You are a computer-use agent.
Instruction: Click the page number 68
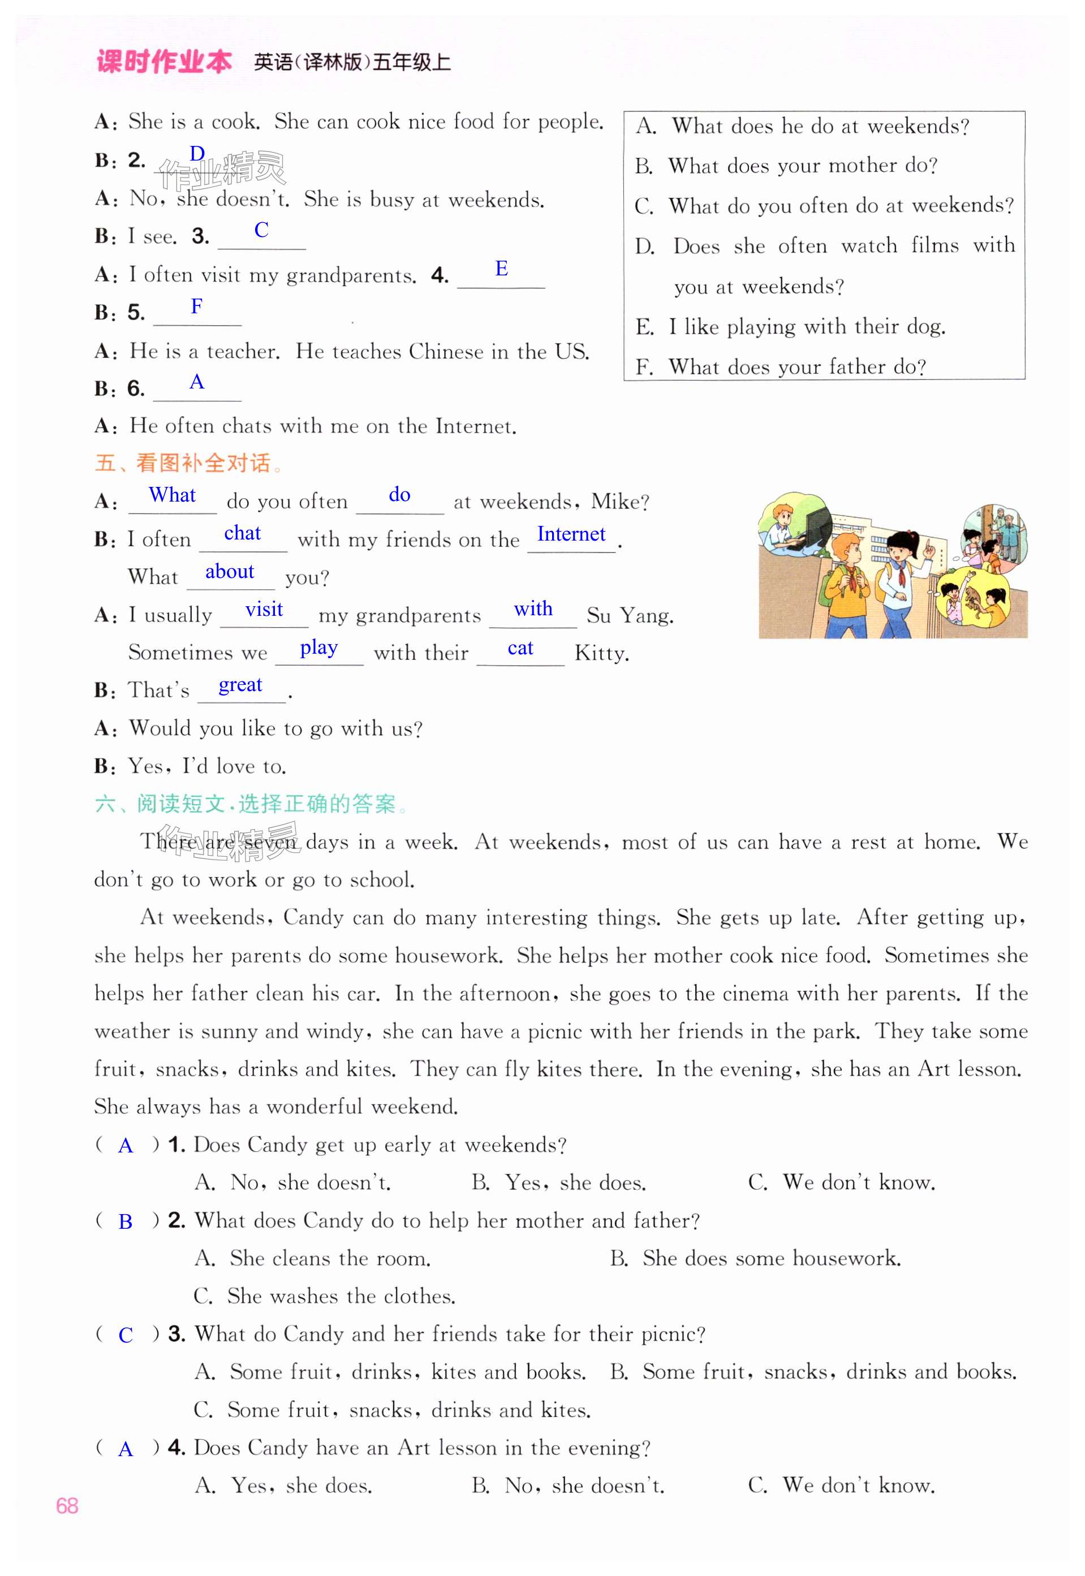(x=67, y=1505)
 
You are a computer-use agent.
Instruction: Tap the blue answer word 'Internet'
(x=570, y=534)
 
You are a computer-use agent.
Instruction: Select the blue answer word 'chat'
(x=242, y=533)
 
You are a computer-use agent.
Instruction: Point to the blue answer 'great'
(x=240, y=685)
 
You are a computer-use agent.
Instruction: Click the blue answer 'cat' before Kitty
(x=520, y=649)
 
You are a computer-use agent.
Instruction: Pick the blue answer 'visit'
(x=264, y=610)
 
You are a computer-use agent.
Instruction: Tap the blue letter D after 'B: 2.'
(x=197, y=154)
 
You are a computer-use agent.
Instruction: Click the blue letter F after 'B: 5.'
(x=196, y=306)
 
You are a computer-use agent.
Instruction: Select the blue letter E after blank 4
(x=501, y=269)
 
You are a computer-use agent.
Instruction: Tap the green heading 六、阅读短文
(x=246, y=804)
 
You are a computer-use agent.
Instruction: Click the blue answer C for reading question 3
(x=125, y=1336)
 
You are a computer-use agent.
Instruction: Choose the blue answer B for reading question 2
(x=125, y=1222)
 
